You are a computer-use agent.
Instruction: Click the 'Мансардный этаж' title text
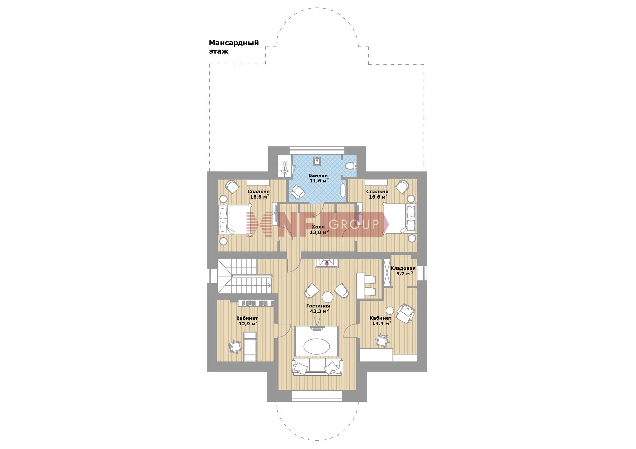click(234, 47)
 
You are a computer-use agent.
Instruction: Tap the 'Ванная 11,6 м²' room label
click(319, 178)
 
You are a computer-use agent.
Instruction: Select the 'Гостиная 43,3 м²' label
click(318, 309)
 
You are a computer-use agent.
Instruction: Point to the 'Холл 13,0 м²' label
click(319, 230)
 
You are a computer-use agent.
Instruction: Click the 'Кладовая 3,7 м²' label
click(403, 271)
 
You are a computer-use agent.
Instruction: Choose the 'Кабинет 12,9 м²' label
click(247, 321)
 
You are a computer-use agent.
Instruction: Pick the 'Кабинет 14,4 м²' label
click(381, 321)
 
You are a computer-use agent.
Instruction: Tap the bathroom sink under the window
click(317, 161)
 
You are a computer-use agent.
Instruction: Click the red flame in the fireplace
click(327, 263)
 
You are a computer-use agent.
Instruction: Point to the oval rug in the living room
click(317, 347)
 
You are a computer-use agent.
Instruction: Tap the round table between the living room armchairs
click(327, 296)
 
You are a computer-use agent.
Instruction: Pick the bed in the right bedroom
click(399, 219)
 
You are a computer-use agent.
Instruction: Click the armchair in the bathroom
click(297, 192)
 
